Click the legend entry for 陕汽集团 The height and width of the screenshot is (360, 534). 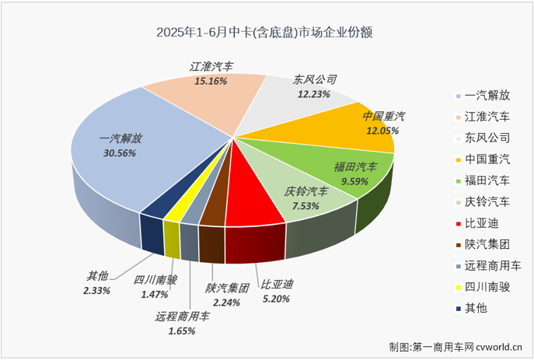487,244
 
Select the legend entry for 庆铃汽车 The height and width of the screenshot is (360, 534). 487,202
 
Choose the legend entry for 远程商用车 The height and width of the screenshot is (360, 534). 492,265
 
